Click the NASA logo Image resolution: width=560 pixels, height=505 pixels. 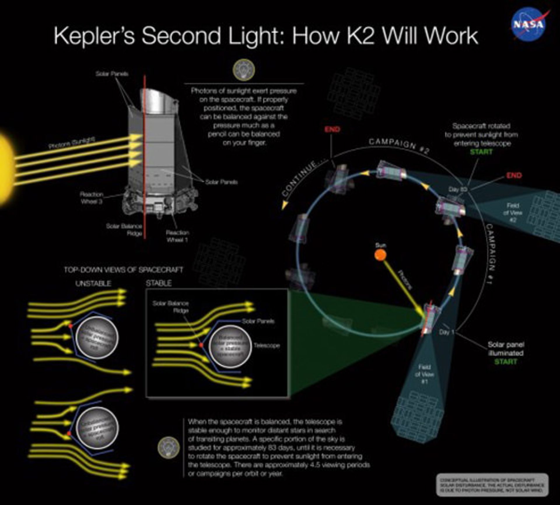pyautogui.click(x=528, y=24)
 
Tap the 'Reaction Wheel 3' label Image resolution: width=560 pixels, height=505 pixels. pyautogui.click(x=92, y=198)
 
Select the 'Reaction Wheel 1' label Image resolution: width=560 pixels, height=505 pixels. pyautogui.click(x=177, y=236)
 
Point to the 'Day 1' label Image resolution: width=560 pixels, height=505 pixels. pyautogui.click(x=447, y=332)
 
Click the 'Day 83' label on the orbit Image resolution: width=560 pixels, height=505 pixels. pyautogui.click(x=458, y=189)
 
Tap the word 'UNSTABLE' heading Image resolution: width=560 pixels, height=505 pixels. pyautogui.click(x=93, y=283)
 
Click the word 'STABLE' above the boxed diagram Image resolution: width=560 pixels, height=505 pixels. pyautogui.click(x=159, y=283)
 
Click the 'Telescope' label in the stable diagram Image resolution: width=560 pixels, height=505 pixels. pyautogui.click(x=267, y=345)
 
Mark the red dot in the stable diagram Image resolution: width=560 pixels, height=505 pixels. pyautogui.click(x=201, y=345)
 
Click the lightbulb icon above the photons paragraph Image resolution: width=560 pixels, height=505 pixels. pyautogui.click(x=244, y=70)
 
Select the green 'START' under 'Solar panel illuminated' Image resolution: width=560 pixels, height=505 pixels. pyautogui.click(x=505, y=362)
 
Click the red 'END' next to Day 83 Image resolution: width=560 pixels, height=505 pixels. pyautogui.click(x=514, y=175)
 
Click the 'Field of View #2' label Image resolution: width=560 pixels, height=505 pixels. pyautogui.click(x=512, y=213)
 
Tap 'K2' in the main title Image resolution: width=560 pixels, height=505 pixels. pyautogui.click(x=361, y=36)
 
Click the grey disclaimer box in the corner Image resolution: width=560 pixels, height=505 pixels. pyautogui.click(x=492, y=485)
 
